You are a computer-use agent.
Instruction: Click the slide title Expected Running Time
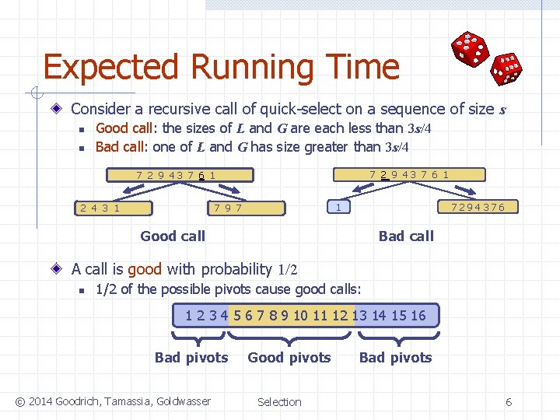tap(221, 68)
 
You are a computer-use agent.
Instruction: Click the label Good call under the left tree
tap(173, 236)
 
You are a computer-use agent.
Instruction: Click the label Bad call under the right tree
tap(406, 236)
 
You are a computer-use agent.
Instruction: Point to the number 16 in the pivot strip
tap(418, 316)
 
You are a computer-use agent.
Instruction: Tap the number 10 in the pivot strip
tap(300, 316)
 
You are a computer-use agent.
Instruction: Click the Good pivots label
tap(289, 358)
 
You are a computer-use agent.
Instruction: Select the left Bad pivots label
tap(191, 358)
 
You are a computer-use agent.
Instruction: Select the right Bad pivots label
tap(395, 358)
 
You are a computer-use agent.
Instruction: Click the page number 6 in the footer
tap(509, 402)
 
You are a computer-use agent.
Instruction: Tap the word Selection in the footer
tap(279, 402)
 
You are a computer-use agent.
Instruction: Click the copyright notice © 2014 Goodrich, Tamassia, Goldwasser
tap(113, 401)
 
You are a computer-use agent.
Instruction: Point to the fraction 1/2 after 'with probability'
tap(288, 270)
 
